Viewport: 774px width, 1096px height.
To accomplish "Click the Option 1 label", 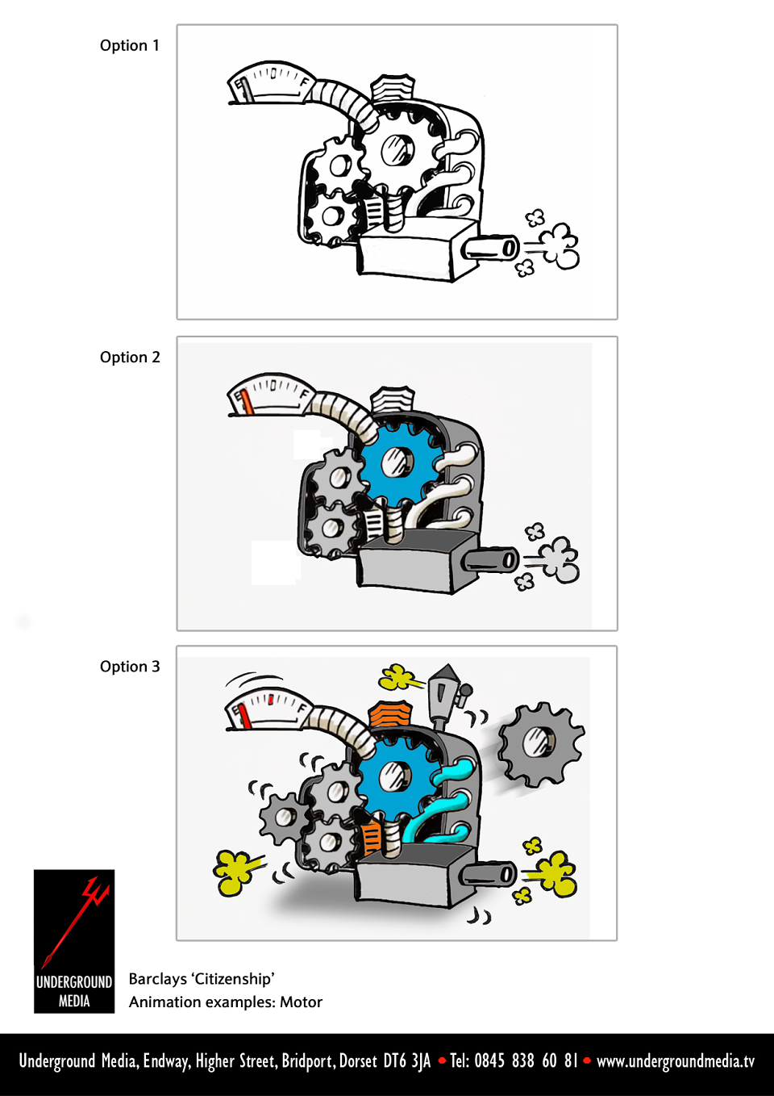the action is click(x=130, y=45).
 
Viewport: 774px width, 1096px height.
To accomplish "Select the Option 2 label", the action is click(x=130, y=358).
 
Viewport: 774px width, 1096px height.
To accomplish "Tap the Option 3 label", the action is click(x=130, y=667).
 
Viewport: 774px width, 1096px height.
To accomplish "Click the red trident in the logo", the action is click(x=77, y=920).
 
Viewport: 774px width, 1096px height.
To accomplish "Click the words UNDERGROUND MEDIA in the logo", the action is click(x=74, y=991).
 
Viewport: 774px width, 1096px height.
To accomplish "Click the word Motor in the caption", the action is click(x=301, y=1002).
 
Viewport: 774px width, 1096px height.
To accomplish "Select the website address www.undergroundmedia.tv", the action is click(x=676, y=1060).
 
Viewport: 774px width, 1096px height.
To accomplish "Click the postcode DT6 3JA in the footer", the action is click(x=407, y=1060).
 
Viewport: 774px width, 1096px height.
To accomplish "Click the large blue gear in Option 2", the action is click(x=397, y=462).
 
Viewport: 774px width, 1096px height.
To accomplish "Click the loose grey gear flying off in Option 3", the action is click(x=541, y=745).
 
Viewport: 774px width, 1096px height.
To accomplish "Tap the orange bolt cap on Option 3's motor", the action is click(x=391, y=714).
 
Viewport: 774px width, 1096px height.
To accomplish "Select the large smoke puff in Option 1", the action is click(x=560, y=246).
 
